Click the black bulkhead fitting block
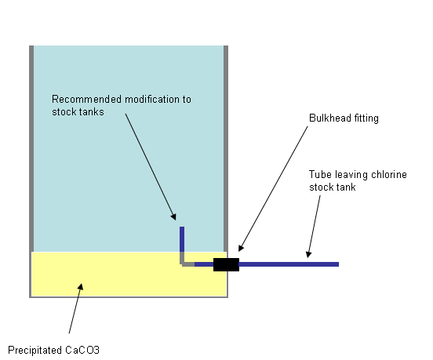[226, 264]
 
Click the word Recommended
[87, 99]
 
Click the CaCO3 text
[82, 350]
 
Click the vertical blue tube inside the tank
[182, 239]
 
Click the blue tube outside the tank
[289, 264]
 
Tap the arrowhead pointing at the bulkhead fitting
[241, 248]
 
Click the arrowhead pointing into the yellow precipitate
[81, 286]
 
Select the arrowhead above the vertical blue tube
[173, 216]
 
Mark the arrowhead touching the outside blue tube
[309, 254]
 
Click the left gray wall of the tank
[31, 148]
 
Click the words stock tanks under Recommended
[78, 112]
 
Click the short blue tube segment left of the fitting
[204, 264]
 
